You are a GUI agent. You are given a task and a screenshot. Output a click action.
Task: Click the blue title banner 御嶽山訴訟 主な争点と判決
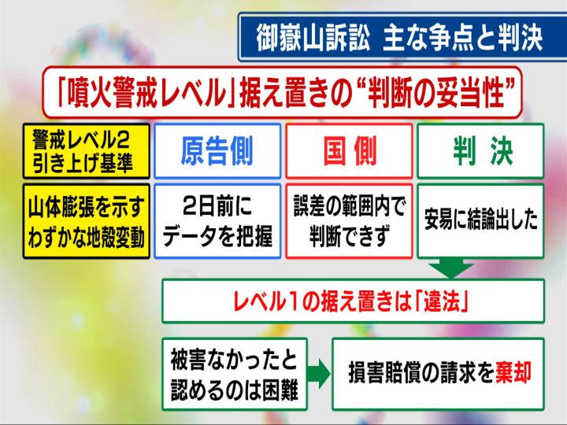coord(402,37)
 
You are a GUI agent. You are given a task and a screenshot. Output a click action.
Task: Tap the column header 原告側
coord(217,151)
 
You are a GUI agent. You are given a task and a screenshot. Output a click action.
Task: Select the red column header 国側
coord(349,151)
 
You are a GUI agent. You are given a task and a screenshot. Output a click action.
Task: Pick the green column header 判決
coord(480,151)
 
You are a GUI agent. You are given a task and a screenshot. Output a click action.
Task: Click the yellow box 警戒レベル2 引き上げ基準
coord(87,151)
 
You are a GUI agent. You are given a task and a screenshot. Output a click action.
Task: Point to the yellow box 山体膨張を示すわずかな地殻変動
coord(87,221)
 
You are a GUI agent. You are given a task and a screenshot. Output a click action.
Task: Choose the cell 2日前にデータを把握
coord(217,221)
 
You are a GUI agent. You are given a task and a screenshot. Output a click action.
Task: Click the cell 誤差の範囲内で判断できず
coord(349,221)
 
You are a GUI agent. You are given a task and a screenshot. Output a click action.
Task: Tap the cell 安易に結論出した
coord(480,221)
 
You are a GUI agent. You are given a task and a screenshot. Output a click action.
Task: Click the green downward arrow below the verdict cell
coord(450,268)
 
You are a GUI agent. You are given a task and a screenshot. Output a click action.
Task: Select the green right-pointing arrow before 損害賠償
coord(319,374)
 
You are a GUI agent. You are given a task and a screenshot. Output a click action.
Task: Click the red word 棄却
coord(513,373)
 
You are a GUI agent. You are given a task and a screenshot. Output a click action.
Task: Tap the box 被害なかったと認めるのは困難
coord(235,374)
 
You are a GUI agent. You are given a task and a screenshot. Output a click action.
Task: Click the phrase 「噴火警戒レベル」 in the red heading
coord(146,93)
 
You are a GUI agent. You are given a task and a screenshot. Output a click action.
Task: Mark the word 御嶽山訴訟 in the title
coord(313,38)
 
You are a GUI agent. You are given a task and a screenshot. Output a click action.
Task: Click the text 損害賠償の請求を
coord(421,373)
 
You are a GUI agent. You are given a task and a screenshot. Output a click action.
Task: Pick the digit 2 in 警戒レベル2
coord(123,140)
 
